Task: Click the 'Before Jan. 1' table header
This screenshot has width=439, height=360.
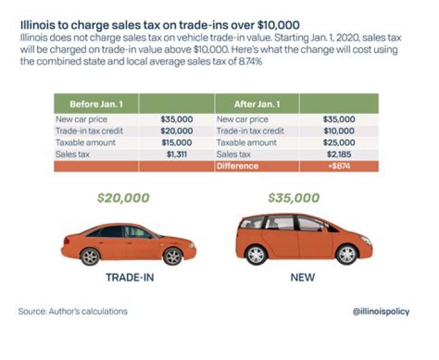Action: [96, 104]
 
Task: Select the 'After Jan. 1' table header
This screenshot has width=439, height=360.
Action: [257, 104]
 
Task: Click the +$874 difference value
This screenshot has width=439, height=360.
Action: [338, 166]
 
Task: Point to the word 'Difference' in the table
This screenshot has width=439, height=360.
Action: [237, 166]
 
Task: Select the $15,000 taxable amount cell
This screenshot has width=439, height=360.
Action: [176, 143]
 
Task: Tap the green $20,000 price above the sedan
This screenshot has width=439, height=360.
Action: [123, 198]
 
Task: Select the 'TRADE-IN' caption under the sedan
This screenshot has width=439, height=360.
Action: [129, 278]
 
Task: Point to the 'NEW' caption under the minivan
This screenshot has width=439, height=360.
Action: [302, 278]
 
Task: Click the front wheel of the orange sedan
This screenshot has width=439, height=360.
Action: [173, 256]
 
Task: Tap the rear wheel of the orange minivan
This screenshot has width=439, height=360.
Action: [256, 254]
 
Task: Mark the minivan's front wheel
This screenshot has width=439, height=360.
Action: [347, 254]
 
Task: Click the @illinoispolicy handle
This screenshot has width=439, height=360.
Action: [381, 311]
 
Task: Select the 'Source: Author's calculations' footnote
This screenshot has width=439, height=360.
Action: [73, 311]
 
